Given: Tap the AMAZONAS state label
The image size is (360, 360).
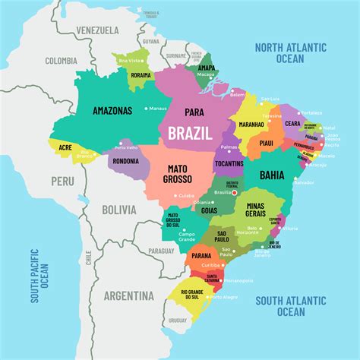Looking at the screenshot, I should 112,110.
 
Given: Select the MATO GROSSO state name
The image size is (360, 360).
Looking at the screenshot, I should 184,173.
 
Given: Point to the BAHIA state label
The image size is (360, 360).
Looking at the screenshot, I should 272,175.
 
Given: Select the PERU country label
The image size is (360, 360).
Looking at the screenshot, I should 63,181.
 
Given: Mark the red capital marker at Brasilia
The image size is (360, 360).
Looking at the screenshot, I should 235,193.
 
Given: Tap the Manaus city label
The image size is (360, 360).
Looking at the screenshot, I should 157,109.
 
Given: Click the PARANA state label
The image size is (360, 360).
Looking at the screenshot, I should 201,256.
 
